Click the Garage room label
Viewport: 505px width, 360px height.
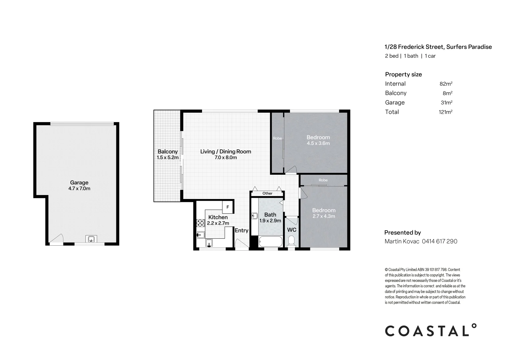(x=79, y=182)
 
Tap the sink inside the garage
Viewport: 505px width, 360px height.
(x=91, y=239)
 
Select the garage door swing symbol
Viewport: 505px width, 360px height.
(x=56, y=239)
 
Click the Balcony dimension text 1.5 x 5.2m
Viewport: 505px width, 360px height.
(x=168, y=157)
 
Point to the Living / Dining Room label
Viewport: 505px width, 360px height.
(x=225, y=151)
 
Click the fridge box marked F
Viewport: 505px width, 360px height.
(x=228, y=207)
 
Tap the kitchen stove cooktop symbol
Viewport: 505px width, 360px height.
(x=200, y=223)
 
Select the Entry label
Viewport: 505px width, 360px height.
(x=241, y=230)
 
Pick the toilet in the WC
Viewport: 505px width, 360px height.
(x=291, y=241)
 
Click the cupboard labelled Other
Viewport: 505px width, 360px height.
(x=267, y=193)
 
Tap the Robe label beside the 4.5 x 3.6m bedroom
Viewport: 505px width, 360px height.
(x=277, y=138)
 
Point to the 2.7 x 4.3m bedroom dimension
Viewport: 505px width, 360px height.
(x=324, y=216)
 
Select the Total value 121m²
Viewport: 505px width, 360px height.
(x=445, y=112)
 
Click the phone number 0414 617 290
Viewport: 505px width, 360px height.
(x=440, y=241)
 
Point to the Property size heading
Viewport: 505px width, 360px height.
(x=403, y=74)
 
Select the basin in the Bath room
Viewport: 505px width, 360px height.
(x=254, y=217)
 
